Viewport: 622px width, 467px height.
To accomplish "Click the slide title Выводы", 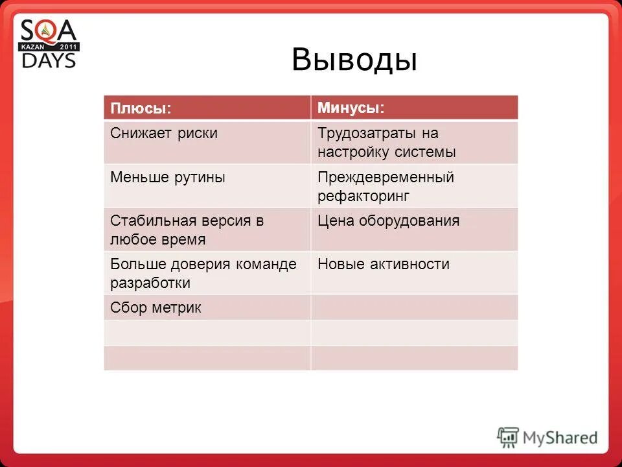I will pos(354,60).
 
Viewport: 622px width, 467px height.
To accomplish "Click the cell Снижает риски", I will pos(164,134).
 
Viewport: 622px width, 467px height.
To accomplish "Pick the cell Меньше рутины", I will pos(168,177).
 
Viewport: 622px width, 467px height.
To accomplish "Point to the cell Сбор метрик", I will pos(155,307).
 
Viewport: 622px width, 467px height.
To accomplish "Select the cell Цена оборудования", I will pos(388,221).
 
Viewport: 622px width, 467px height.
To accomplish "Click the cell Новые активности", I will pos(383,264).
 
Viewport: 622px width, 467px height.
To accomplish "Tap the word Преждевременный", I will pos(386,177).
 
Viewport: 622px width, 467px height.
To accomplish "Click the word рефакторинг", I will pos(363,196).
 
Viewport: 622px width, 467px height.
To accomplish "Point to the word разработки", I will pos(150,283).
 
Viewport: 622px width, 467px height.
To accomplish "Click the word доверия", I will pos(205,264).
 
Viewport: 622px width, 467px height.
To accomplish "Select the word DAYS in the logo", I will pos(49,60).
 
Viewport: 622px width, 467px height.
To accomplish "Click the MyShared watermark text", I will pos(560,438).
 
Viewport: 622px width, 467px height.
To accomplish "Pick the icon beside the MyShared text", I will pos(508,437).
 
